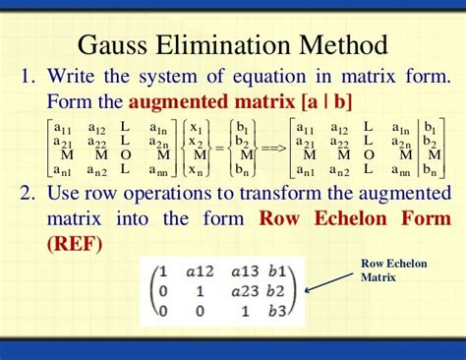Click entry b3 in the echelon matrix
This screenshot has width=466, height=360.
coord(280,314)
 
